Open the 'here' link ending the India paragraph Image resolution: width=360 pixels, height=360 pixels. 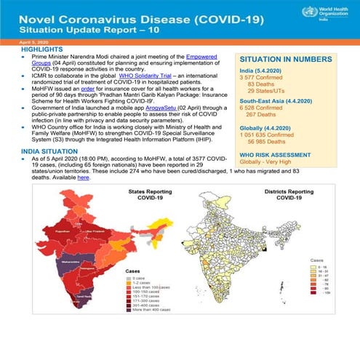[104, 177]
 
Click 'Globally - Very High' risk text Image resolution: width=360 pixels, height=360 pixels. [273, 184]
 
